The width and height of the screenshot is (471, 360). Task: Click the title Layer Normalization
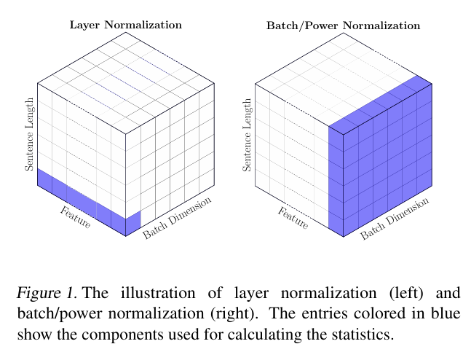pyautogui.click(x=125, y=25)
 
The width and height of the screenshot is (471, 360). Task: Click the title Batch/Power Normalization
pyautogui.click(x=343, y=26)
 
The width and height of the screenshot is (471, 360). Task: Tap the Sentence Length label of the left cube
pyautogui.click(x=30, y=135)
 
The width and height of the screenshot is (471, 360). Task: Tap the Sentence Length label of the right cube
pyautogui.click(x=248, y=136)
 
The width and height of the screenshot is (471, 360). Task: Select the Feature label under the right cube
pyautogui.click(x=293, y=219)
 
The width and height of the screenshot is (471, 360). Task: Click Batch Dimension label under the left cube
pyautogui.click(x=177, y=217)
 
